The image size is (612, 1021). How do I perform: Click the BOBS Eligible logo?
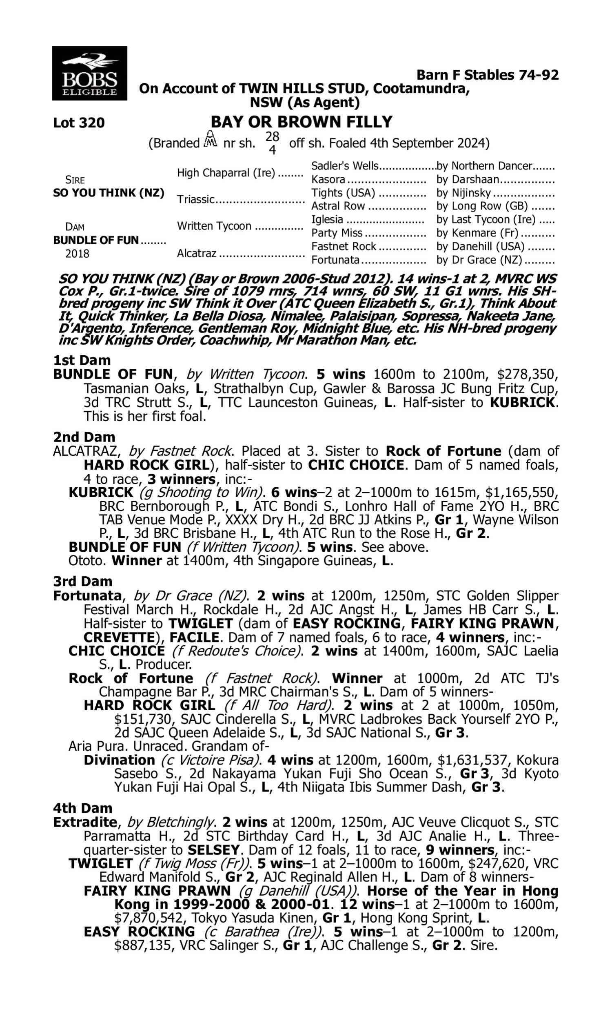click(89, 73)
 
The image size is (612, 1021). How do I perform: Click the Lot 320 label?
click(79, 123)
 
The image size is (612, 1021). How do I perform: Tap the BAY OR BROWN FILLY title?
click(302, 122)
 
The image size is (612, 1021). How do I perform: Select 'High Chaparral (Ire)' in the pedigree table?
click(226, 173)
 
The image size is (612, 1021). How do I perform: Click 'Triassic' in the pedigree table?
click(196, 199)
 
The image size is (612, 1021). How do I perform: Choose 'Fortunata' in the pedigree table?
click(335, 260)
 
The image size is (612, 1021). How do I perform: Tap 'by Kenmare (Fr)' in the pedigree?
click(477, 233)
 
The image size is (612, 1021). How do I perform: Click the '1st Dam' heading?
click(82, 360)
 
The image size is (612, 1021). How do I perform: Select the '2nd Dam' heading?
click(84, 437)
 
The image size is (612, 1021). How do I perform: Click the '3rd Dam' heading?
click(82, 582)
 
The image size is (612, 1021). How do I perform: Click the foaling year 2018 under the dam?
click(77, 253)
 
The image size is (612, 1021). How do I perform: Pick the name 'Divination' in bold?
click(119, 760)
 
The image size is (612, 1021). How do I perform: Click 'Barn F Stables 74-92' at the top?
click(488, 75)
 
